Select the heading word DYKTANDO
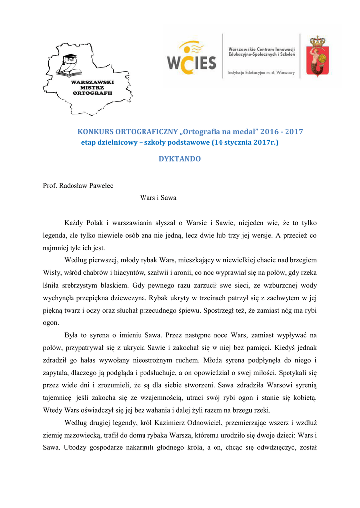(180, 159)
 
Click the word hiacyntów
(112, 272)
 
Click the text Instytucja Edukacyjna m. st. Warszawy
(262, 73)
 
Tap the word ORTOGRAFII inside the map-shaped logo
(92, 93)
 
